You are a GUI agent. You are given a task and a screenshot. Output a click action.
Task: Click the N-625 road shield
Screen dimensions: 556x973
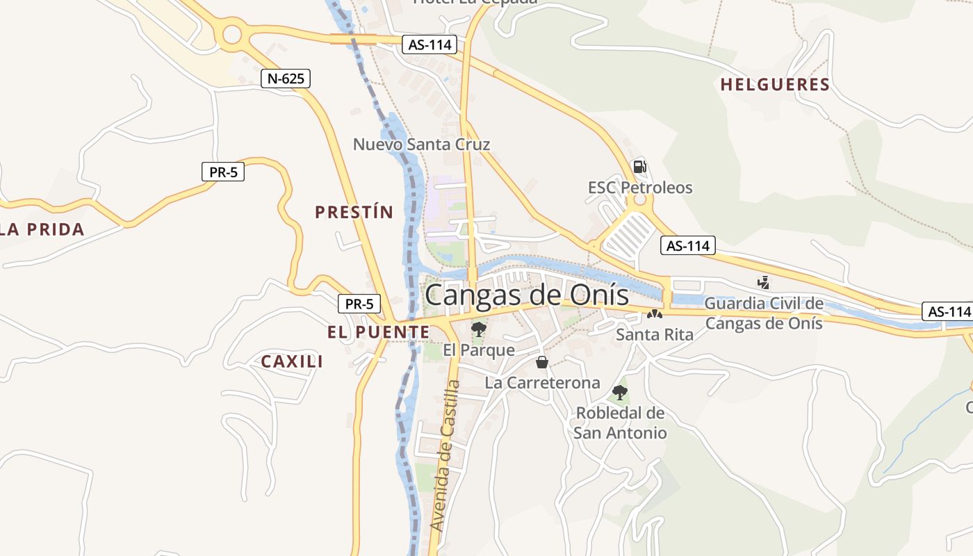(286, 79)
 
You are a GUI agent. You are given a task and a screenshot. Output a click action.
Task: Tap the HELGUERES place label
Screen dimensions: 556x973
(775, 85)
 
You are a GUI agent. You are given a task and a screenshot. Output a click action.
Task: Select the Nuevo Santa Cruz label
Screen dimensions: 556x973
(421, 145)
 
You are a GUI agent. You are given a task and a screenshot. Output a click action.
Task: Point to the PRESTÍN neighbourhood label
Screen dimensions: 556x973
(354, 212)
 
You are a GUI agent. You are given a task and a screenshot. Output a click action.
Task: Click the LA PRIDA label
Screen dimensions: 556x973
(42, 229)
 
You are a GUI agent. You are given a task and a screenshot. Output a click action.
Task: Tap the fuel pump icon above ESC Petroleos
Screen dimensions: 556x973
(639, 167)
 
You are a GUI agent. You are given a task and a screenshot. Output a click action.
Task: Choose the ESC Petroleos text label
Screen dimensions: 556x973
(640, 188)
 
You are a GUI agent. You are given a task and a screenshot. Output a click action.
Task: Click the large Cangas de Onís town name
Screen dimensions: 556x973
(527, 294)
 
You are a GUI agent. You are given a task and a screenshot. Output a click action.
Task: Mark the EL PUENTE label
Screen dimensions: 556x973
(379, 332)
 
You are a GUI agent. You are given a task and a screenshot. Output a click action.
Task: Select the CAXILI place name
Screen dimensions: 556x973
(292, 361)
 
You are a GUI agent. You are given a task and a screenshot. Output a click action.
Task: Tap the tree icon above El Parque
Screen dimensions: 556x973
(478, 329)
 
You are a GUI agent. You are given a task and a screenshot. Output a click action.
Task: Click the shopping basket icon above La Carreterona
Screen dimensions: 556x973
(542, 362)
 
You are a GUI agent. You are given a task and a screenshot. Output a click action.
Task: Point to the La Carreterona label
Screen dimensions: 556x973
(542, 383)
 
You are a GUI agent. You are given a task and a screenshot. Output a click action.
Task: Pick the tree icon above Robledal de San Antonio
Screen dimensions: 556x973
(619, 393)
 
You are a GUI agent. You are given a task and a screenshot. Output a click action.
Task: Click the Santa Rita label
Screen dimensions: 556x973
(655, 335)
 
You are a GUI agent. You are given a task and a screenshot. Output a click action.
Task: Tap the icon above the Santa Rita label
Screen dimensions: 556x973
(654, 314)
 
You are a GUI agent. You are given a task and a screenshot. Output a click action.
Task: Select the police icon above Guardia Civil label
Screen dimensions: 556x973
(763, 283)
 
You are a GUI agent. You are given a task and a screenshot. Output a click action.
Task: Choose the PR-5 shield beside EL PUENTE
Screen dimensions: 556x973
(359, 304)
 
